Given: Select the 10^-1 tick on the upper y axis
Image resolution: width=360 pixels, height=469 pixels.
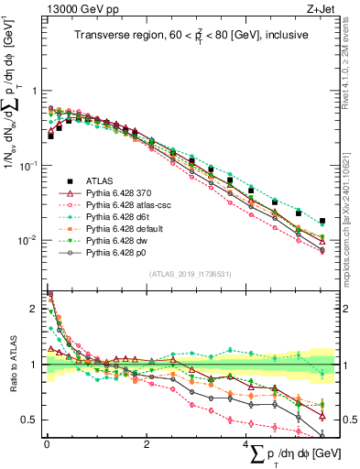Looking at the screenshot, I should [x=29, y=166].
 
